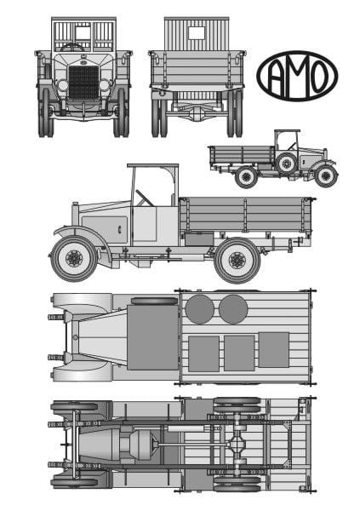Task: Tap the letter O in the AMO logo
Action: coord(317,77)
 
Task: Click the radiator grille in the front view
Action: coord(83,82)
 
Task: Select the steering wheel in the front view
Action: coord(72,48)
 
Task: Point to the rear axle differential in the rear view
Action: coord(197,112)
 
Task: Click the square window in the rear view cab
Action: coord(197,33)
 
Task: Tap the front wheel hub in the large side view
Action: coord(74,258)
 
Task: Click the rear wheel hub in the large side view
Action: coord(237,261)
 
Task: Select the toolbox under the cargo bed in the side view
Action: coord(199,238)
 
